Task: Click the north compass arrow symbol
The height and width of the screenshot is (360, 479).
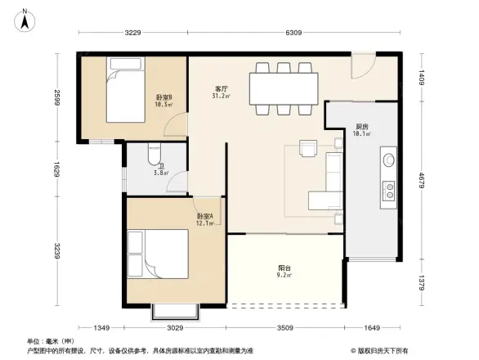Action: click(x=26, y=18)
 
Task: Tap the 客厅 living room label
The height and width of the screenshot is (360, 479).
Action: click(x=221, y=88)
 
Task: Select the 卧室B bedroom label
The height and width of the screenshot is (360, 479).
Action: click(x=163, y=97)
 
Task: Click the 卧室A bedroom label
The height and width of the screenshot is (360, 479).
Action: click(x=204, y=216)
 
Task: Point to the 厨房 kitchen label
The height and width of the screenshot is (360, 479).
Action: click(x=360, y=126)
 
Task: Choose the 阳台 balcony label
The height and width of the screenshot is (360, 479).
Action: click(x=283, y=268)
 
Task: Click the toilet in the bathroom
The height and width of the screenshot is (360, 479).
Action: click(x=154, y=155)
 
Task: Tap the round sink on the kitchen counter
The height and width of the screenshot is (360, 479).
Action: click(x=388, y=160)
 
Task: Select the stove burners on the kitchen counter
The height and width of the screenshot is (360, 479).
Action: click(x=389, y=191)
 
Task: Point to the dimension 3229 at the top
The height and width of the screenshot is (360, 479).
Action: click(x=133, y=34)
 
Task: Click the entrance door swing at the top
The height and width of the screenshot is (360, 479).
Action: click(x=361, y=67)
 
